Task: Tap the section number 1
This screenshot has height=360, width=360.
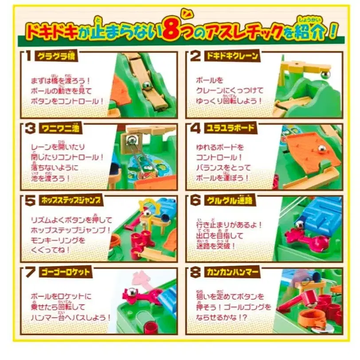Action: pyautogui.click(x=28, y=56)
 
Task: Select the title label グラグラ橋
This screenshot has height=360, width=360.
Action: pyautogui.click(x=56, y=56)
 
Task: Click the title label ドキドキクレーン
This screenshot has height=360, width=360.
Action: pyautogui.click(x=232, y=56)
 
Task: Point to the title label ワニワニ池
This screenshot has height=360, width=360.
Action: pyautogui.click(x=60, y=128)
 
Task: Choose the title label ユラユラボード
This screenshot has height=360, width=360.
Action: pyautogui.click(x=230, y=128)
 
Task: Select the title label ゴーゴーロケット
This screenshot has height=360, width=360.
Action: pyautogui.click(x=66, y=272)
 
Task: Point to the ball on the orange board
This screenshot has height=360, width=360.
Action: pyautogui.click(x=321, y=149)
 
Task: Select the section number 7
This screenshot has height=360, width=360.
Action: pyautogui.click(x=30, y=273)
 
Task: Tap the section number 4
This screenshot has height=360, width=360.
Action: pyautogui.click(x=196, y=128)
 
